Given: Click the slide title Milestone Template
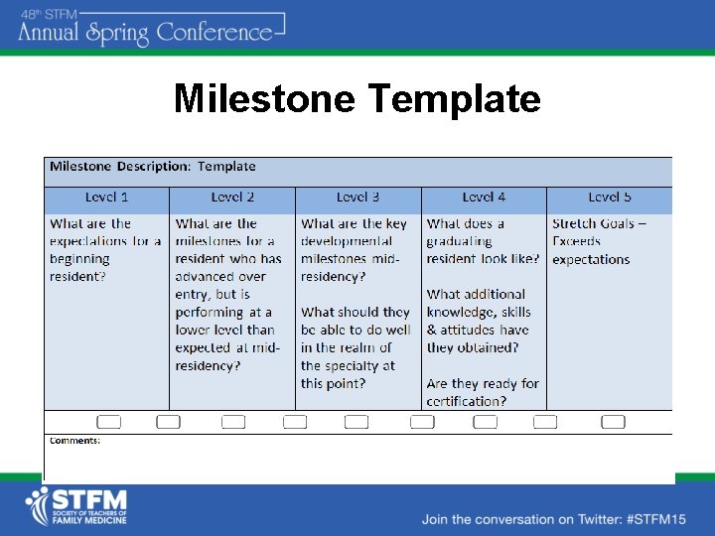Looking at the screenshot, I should [x=357, y=99].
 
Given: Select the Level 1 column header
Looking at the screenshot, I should [x=106, y=198].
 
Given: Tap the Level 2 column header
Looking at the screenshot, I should [x=232, y=198].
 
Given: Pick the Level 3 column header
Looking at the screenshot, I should [x=357, y=198].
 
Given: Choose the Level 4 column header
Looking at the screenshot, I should [x=484, y=198].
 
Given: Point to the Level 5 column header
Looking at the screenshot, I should [x=609, y=198].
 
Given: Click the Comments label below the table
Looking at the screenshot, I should [x=74, y=440].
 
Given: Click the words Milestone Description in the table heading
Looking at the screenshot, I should [x=119, y=167].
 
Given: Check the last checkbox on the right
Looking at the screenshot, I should [x=613, y=422].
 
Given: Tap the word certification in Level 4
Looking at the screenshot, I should [x=465, y=401].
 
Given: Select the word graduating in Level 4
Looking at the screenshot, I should [x=459, y=241].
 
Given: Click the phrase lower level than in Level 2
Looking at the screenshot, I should [x=224, y=331].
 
